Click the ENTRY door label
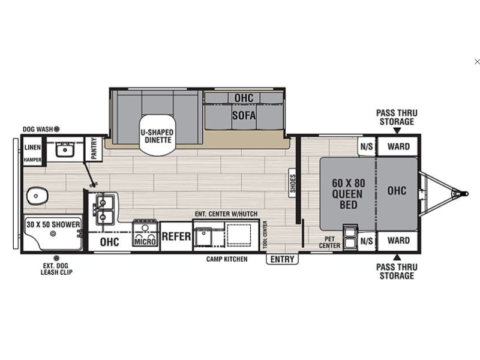(282, 259)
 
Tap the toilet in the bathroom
(37, 196)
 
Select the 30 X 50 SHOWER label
(53, 224)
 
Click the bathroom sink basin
(64, 150)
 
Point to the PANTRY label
(94, 148)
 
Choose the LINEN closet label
(32, 147)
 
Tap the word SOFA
(244, 115)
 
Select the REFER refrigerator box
(176, 236)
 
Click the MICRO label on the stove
(145, 242)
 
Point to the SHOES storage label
(293, 184)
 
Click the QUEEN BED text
(348, 199)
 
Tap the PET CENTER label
(329, 242)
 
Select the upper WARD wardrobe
(398, 146)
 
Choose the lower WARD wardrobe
(398, 241)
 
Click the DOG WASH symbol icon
(56, 129)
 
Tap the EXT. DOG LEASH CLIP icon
(56, 258)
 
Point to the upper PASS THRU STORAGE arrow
(397, 131)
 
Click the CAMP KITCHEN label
(227, 259)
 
